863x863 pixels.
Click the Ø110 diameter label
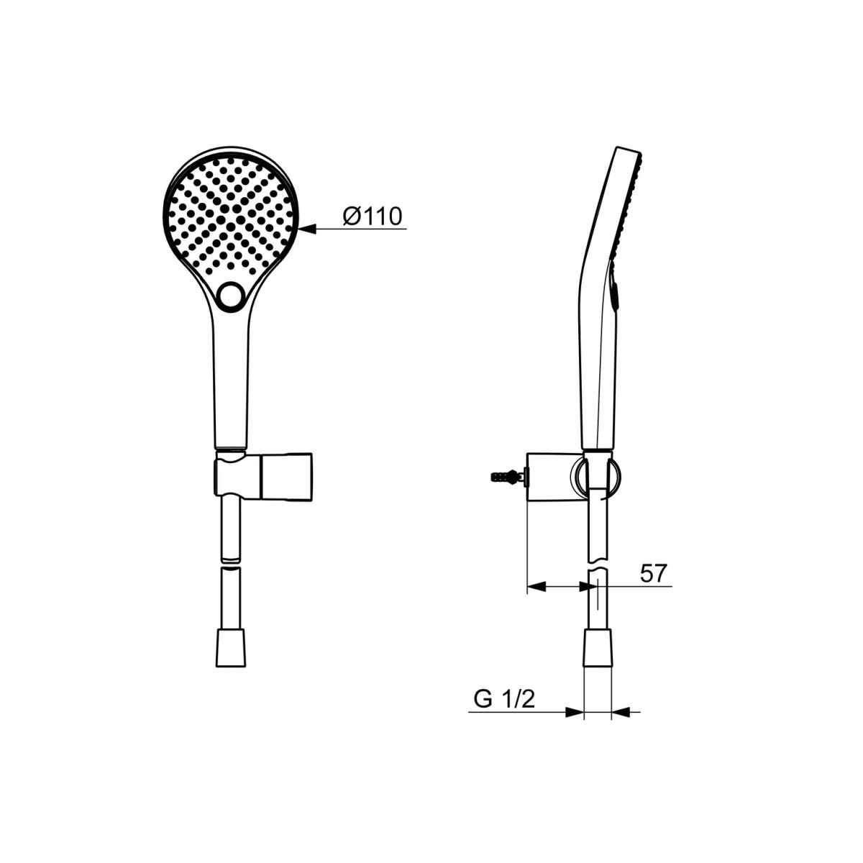pos(373,216)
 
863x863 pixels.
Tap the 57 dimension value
pos(654,573)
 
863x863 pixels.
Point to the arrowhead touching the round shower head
pos(307,229)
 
